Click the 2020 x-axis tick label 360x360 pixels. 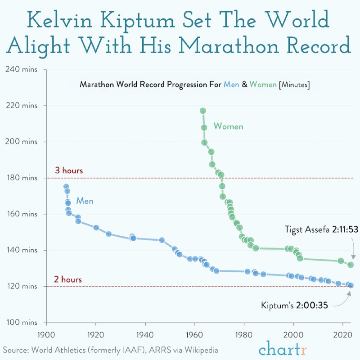pos(343,335)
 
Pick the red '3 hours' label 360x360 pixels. pos(69,171)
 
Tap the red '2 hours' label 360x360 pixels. pos(68,279)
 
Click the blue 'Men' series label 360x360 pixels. pos(85,201)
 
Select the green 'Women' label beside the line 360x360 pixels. pos(228,126)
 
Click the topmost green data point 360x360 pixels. pos(202,111)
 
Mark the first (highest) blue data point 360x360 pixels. pos(66,186)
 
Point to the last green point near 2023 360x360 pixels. pos(351,265)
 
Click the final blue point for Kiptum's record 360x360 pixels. pos(351,285)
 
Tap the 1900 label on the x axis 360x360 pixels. pos(46,335)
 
